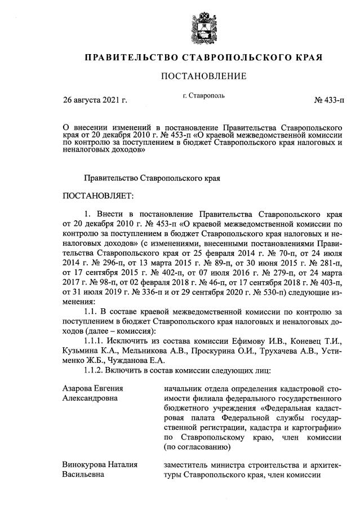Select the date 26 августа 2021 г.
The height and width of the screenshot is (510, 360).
coord(95,101)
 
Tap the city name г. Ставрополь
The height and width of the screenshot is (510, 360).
coord(203,96)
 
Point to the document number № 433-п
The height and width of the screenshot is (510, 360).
coord(329,101)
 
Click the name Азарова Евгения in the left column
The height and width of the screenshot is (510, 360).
coord(92,389)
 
